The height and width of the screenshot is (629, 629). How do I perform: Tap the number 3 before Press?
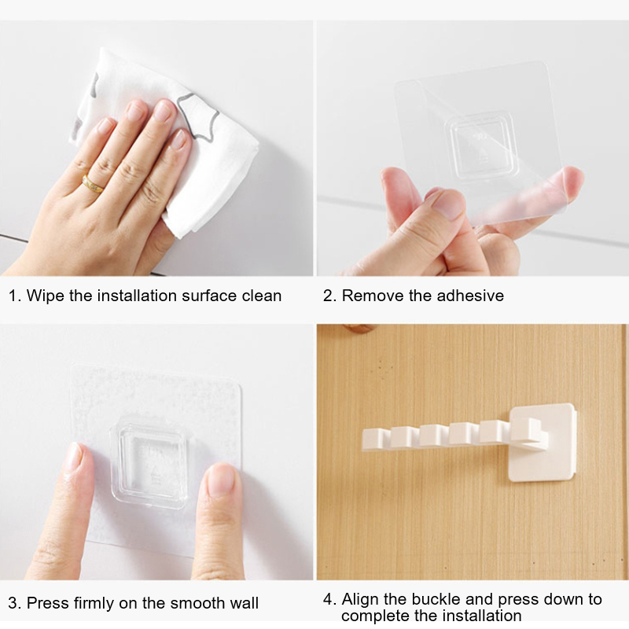click(x=13, y=603)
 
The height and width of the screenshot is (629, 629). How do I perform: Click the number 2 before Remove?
click(x=328, y=296)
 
